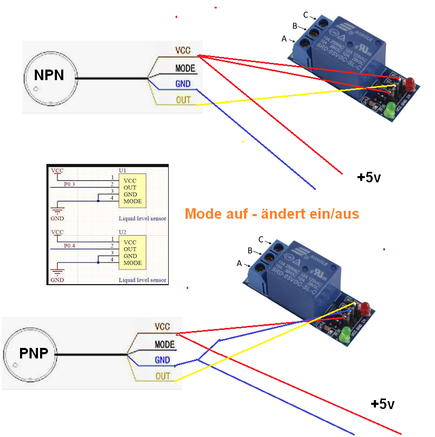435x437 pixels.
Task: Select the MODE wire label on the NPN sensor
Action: click(185, 69)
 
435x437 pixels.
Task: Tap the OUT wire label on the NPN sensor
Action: click(183, 100)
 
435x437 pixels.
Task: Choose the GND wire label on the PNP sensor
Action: click(162, 360)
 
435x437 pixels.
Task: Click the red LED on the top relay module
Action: click(409, 82)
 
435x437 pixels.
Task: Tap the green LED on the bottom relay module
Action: click(346, 334)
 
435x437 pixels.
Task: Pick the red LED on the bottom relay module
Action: click(364, 306)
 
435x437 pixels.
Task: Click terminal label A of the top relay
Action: click(284, 38)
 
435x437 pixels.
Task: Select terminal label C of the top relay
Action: click(306, 14)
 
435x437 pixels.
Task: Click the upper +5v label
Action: click(369, 178)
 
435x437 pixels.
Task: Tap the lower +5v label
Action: click(382, 404)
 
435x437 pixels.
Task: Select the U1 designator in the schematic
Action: click(122, 171)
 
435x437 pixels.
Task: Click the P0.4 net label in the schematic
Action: click(70, 246)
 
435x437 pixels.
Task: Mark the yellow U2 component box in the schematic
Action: click(132, 253)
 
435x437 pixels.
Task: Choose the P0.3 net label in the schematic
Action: click(70, 184)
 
